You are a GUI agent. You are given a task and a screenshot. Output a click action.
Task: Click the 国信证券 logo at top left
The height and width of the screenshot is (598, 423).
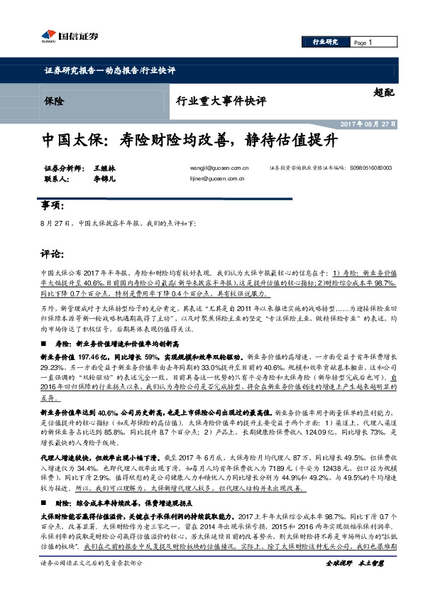coord(69,35)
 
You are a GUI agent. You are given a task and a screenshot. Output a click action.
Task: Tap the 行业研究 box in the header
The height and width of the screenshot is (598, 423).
coord(325,43)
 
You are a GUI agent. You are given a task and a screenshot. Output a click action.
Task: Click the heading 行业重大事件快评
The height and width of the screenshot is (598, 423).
coord(220,101)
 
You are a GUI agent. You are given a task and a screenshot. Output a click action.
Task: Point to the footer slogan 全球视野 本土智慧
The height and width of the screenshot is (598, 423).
coord(354,582)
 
